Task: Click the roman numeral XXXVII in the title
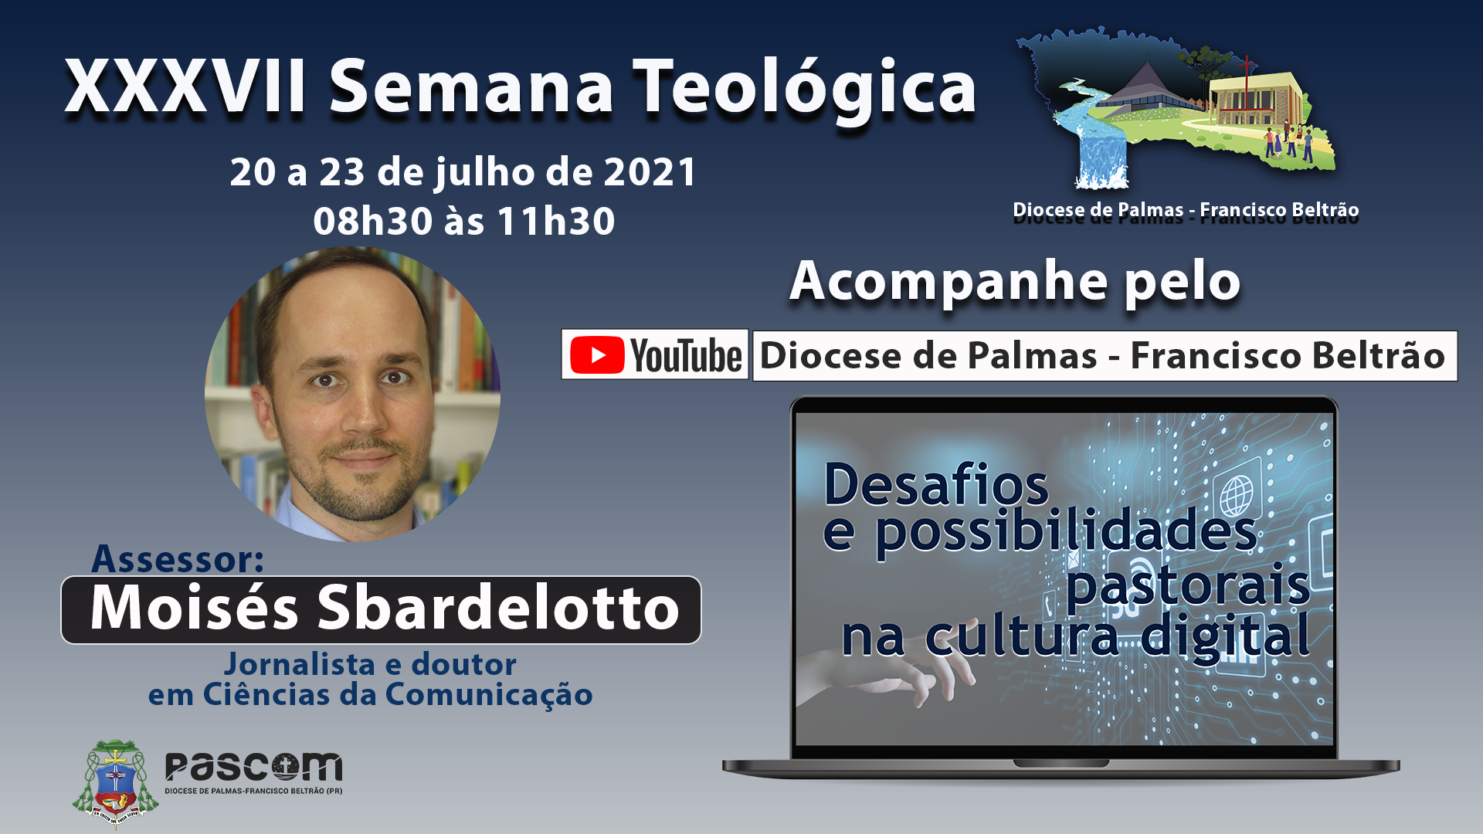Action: [185, 86]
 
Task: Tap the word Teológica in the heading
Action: [805, 90]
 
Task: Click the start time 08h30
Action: [372, 221]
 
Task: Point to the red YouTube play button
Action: [597, 355]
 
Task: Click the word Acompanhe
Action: [950, 283]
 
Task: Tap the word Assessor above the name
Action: [178, 558]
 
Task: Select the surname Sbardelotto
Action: [498, 608]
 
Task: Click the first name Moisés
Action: [194, 608]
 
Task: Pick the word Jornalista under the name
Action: [298, 665]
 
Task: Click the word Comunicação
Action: [489, 694]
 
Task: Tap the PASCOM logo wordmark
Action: [253, 768]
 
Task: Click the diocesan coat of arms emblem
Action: [116, 782]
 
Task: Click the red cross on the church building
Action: [1246, 67]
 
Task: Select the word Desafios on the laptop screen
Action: [936, 484]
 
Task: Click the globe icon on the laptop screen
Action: [1237, 495]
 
